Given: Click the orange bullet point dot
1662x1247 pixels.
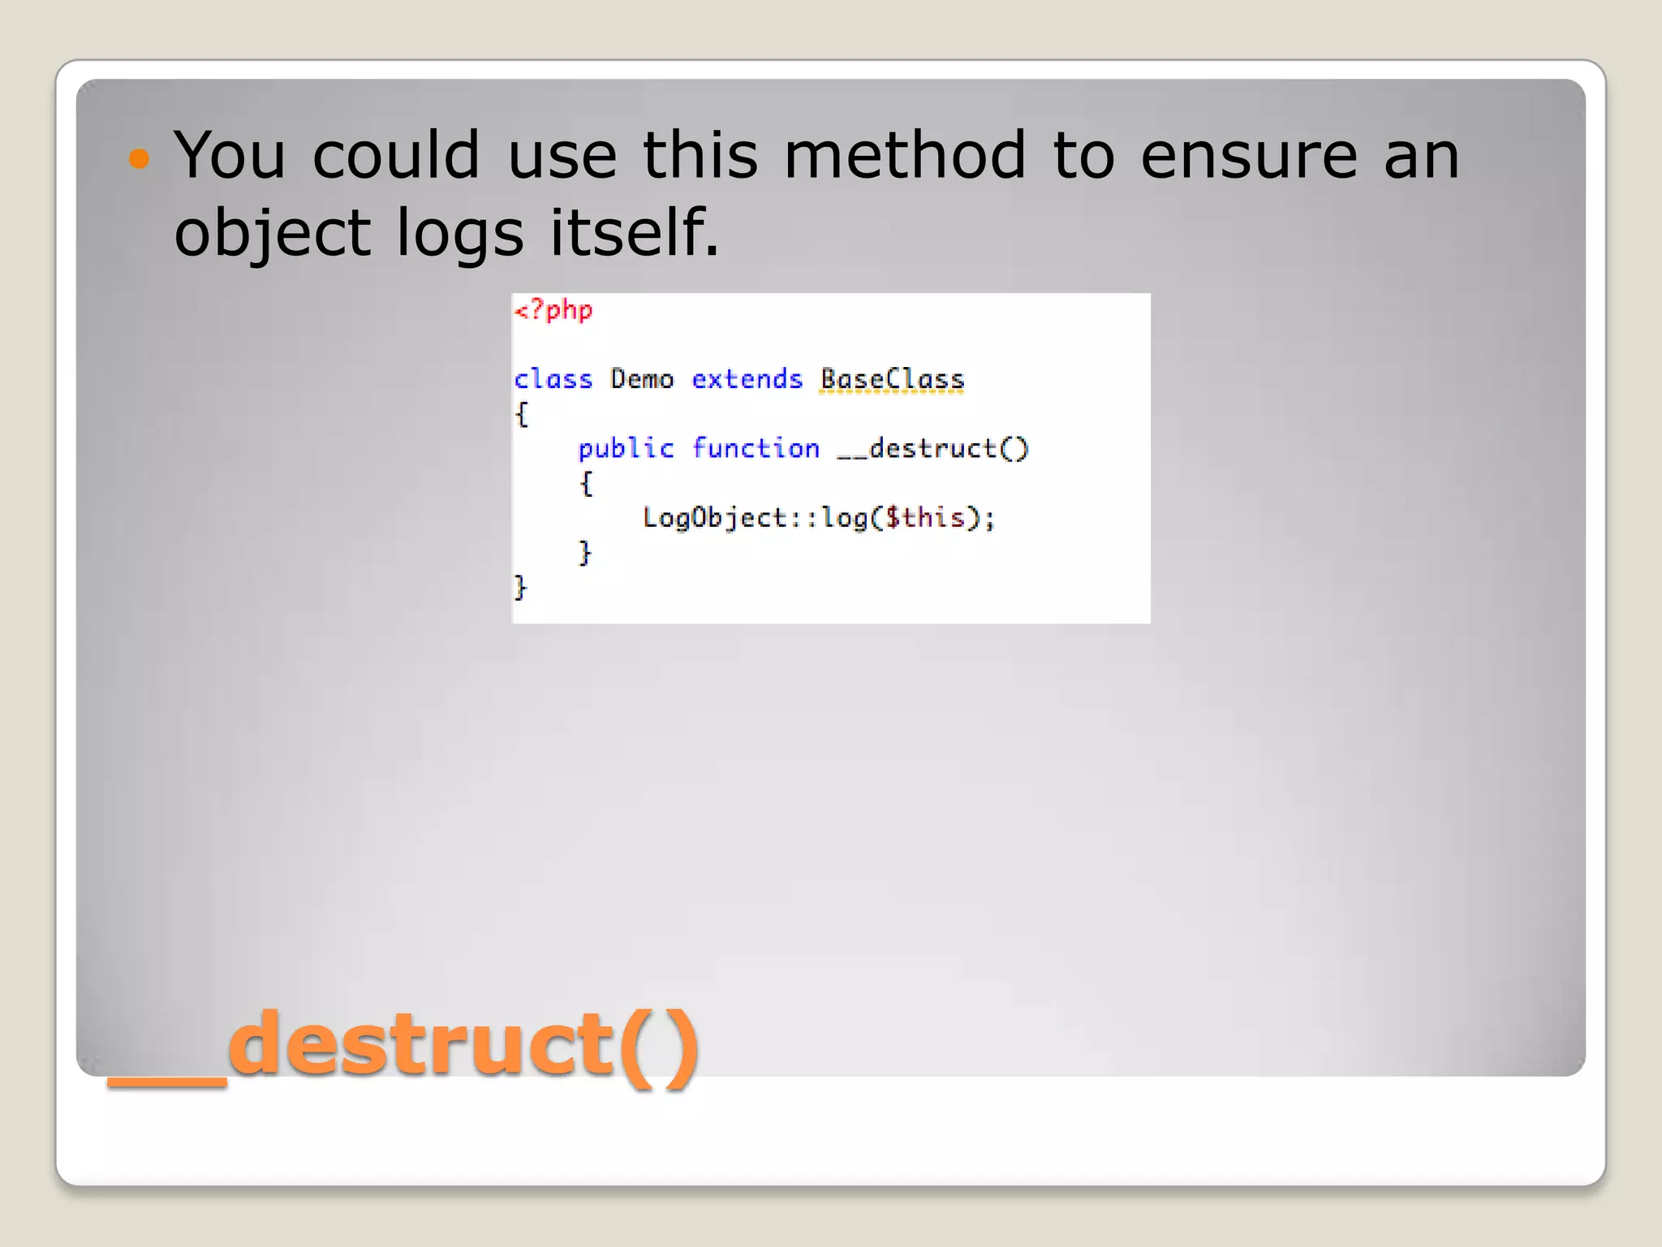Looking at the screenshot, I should click(140, 157).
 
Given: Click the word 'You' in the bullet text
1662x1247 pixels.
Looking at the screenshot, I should click(230, 155).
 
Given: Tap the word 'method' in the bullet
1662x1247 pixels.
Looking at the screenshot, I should click(905, 155).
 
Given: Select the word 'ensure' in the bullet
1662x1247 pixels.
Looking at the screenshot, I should click(1249, 155).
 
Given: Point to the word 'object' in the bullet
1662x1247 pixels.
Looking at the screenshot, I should click(273, 234).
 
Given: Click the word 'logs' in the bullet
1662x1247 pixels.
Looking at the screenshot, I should click(460, 234).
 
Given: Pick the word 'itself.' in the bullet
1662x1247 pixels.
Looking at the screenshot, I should click(635, 232).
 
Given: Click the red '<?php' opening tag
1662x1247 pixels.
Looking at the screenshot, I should click(554, 311).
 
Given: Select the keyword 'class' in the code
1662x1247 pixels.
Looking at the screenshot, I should click(553, 379).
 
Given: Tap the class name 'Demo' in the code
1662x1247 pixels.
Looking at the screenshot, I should click(642, 379).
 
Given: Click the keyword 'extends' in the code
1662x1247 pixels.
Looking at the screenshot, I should click(747, 379).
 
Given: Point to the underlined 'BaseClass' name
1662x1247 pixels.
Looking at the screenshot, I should click(892, 379).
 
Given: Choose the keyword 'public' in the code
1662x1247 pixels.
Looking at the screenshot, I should click(626, 449).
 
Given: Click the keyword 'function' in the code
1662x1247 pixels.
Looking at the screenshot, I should click(756, 449).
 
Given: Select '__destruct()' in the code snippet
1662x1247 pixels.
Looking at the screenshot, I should click(932, 449).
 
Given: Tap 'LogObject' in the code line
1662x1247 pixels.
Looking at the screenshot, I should click(715, 518).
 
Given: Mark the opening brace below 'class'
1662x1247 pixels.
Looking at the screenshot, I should click(522, 414).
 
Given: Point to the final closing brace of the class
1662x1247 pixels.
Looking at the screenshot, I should click(520, 587).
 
